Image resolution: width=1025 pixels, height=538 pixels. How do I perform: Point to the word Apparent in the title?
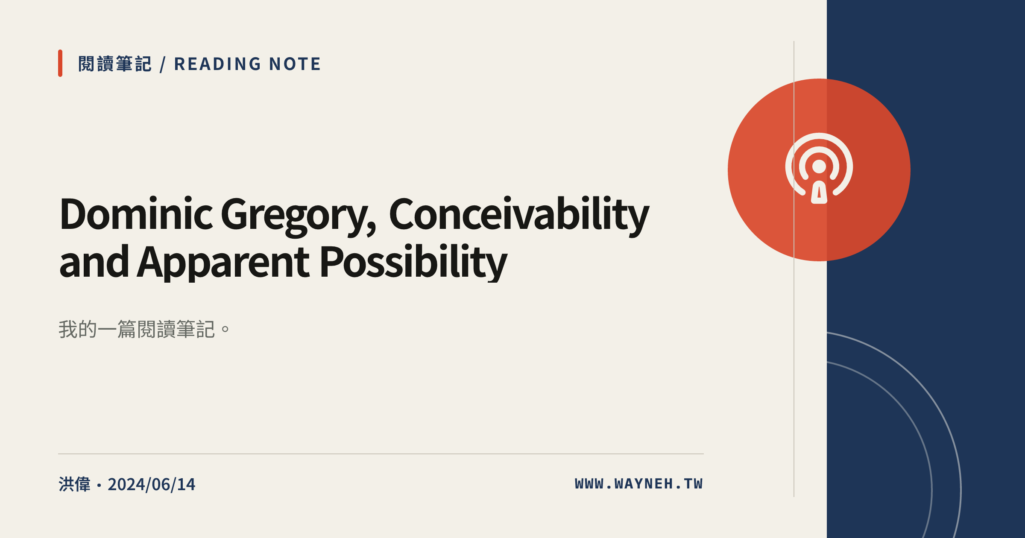223,263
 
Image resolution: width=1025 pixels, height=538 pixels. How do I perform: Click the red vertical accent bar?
60,63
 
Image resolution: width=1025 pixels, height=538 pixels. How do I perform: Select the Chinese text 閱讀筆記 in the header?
115,64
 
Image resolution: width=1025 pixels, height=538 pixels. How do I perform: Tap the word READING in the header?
217,64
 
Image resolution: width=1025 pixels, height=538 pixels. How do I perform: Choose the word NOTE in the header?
295,64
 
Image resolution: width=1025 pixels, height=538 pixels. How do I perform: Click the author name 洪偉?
75,484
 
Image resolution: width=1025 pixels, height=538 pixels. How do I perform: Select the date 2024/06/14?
152,485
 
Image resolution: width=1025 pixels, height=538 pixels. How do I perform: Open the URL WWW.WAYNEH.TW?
639,484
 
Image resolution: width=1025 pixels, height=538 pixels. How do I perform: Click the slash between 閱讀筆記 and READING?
163,64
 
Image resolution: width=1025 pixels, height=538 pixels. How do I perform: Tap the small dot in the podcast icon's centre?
819,167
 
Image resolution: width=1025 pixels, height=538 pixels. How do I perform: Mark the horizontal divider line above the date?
381,454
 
